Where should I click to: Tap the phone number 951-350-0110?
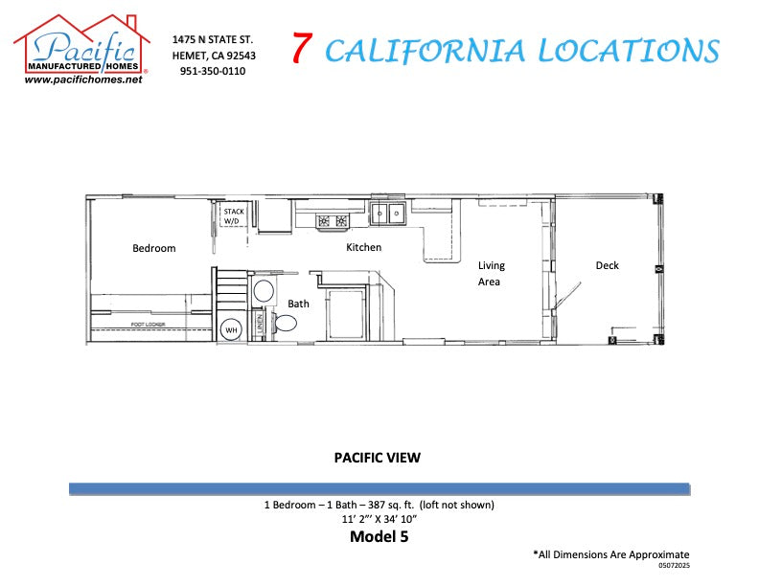point(212,72)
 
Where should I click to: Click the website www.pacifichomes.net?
point(82,80)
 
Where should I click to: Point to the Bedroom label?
point(153,249)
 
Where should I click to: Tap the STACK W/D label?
point(234,216)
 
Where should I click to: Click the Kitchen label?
point(363,248)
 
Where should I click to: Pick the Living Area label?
point(491,274)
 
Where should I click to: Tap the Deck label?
point(607,266)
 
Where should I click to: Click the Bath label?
point(298,304)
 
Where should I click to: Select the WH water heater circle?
point(232,331)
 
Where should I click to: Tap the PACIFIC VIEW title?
point(377,458)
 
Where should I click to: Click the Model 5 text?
point(379,537)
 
